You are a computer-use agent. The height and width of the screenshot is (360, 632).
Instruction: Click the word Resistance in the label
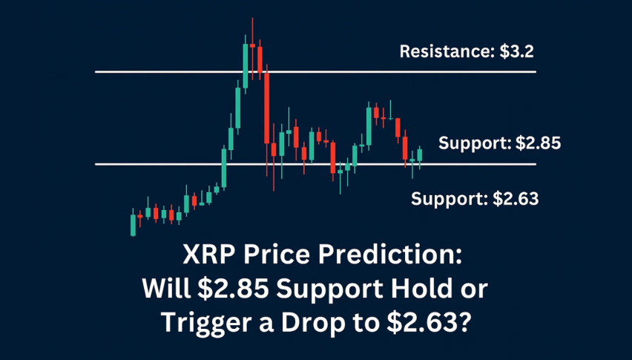(x=447, y=52)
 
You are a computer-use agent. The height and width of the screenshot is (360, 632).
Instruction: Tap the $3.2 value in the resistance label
(x=517, y=52)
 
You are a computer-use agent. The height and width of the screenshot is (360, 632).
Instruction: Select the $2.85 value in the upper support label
(x=538, y=143)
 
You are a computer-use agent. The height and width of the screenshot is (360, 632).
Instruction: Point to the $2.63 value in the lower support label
(x=516, y=199)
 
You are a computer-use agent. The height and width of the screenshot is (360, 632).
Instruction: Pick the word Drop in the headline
(x=313, y=323)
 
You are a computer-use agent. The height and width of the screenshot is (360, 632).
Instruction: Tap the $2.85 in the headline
(x=233, y=289)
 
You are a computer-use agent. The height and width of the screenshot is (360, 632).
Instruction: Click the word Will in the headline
(x=166, y=289)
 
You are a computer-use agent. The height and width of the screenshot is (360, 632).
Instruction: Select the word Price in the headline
(x=276, y=255)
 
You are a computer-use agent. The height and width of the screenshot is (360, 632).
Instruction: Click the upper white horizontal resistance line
(x=315, y=72)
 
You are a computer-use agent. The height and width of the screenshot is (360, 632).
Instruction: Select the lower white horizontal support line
(x=315, y=164)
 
